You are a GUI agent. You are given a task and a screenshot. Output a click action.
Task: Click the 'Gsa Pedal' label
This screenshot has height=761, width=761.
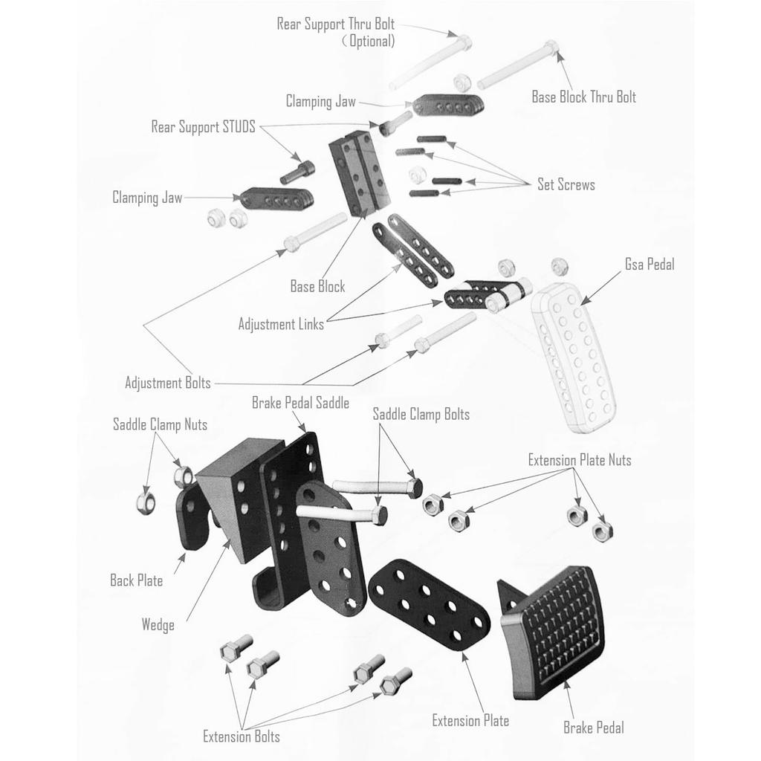click(x=649, y=265)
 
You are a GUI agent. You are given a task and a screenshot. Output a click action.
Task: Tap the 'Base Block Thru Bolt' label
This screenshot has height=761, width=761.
click(x=583, y=97)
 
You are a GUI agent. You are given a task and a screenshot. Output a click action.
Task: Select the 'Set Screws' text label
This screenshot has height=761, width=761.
click(x=566, y=184)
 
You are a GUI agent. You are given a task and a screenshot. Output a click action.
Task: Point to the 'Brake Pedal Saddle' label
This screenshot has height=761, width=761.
click(x=300, y=404)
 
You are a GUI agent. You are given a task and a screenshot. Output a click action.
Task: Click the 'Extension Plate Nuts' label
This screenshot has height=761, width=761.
click(x=580, y=460)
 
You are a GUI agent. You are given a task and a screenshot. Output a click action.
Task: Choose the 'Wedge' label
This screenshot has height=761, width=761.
click(x=158, y=624)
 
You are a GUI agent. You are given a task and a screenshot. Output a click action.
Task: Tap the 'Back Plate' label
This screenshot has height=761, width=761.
click(x=136, y=580)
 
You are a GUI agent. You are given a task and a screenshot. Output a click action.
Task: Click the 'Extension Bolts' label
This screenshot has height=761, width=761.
click(x=242, y=736)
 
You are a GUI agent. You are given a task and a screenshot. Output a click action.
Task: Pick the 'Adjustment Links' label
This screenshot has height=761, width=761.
click(x=281, y=324)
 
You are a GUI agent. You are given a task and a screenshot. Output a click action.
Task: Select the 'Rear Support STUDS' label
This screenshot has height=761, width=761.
click(x=203, y=127)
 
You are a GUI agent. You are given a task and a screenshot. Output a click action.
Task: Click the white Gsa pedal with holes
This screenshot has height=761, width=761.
click(x=576, y=357)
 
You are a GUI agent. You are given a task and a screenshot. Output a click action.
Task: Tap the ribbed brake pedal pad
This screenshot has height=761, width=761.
click(x=557, y=632)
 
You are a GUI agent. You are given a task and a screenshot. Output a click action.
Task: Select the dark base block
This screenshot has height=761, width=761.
click(x=360, y=175)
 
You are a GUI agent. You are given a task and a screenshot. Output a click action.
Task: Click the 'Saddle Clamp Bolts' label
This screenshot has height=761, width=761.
click(x=421, y=415)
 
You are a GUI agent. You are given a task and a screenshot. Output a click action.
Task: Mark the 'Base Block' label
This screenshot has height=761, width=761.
click(x=317, y=286)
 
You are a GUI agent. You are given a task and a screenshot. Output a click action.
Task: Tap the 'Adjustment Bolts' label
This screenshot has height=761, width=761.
click(x=167, y=383)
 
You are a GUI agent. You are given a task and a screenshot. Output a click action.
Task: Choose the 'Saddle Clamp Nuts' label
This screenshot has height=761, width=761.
click(x=160, y=424)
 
